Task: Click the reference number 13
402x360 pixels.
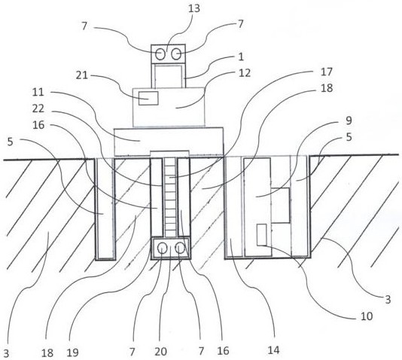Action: [193, 8]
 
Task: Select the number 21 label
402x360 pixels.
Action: [82, 75]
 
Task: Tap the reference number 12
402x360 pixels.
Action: [245, 73]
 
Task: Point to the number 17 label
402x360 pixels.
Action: [327, 72]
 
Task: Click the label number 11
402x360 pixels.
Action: [38, 92]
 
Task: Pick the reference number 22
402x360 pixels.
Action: [38, 108]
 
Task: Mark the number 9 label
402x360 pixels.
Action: [349, 121]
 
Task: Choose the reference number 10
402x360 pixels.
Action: [367, 316]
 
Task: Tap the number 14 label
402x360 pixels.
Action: [273, 350]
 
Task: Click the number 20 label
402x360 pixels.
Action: [161, 352]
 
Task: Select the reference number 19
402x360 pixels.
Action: [72, 352]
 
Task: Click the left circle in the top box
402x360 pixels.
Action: [160, 54]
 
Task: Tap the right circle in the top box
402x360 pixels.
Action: [176, 54]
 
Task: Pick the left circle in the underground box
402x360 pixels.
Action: [163, 249]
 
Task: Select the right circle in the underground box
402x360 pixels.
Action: [180, 249]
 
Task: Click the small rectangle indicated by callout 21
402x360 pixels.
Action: [148, 98]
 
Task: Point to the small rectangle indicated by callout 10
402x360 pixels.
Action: [262, 235]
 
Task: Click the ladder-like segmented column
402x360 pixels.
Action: [170, 197]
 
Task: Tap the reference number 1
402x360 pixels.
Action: [241, 56]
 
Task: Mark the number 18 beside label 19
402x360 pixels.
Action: [47, 353]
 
